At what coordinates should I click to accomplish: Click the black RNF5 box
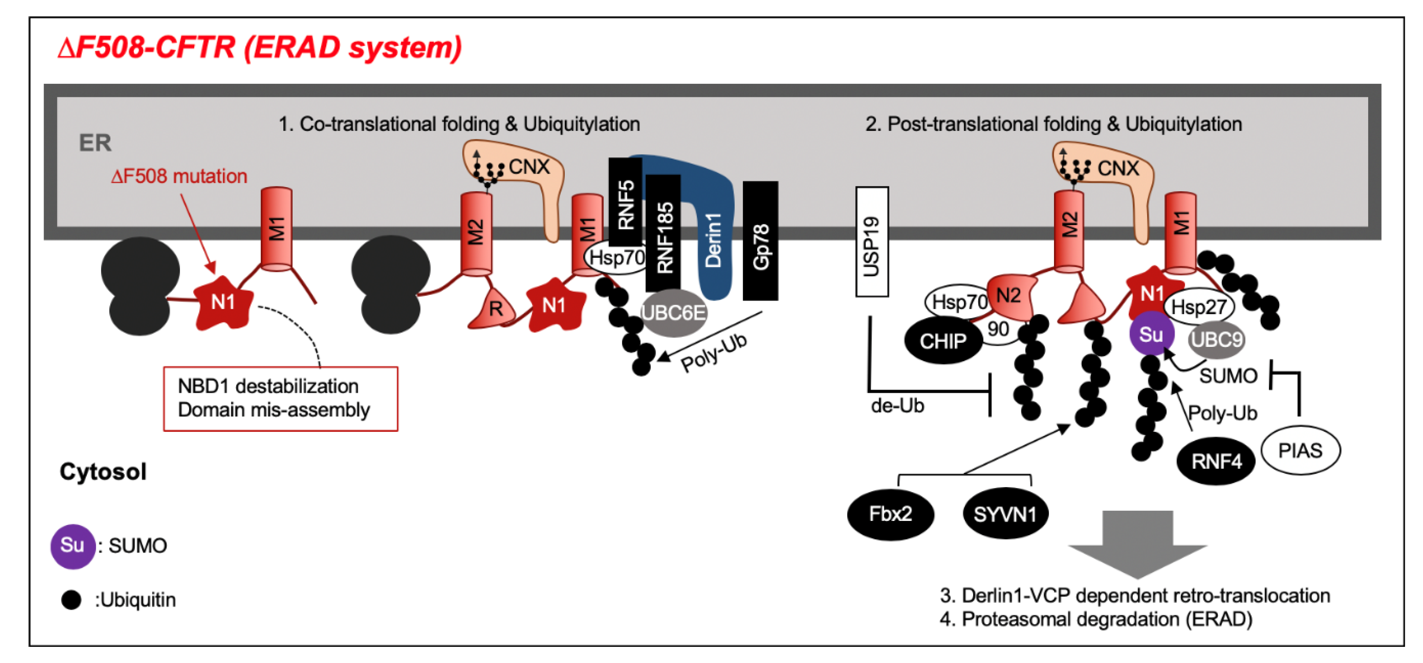point(625,202)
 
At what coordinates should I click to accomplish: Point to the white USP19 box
point(872,241)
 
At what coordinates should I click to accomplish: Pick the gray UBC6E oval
point(673,313)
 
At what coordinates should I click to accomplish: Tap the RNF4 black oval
point(1216,461)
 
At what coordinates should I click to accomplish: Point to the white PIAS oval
point(1301,451)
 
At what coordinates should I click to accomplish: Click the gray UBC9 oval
point(1216,339)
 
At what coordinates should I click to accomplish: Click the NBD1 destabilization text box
point(281,399)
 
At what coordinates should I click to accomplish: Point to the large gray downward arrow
point(1137,544)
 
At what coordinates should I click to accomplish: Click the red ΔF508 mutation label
point(179,177)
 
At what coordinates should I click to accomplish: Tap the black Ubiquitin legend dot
point(71,600)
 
